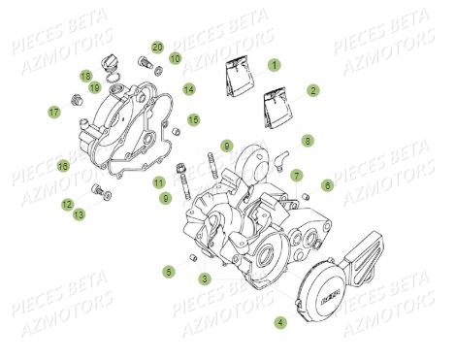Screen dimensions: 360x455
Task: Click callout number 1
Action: pyautogui.click(x=275, y=65)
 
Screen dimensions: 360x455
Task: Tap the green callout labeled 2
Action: pyautogui.click(x=313, y=89)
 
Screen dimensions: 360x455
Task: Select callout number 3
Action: pyautogui.click(x=205, y=278)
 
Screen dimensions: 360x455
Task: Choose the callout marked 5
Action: pyautogui.click(x=168, y=271)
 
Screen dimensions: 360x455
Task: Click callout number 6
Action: pyautogui.click(x=327, y=184)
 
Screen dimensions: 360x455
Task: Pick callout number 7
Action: pyautogui.click(x=297, y=176)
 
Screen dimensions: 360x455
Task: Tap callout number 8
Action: pyautogui.click(x=307, y=141)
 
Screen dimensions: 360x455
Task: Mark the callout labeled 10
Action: pyautogui.click(x=175, y=58)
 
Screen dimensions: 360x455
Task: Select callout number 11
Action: pyautogui.click(x=158, y=182)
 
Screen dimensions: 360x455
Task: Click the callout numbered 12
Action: pyautogui.click(x=66, y=204)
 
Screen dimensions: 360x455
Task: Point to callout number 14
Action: pyautogui.click(x=188, y=89)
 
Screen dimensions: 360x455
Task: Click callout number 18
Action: pyautogui.click(x=85, y=76)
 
